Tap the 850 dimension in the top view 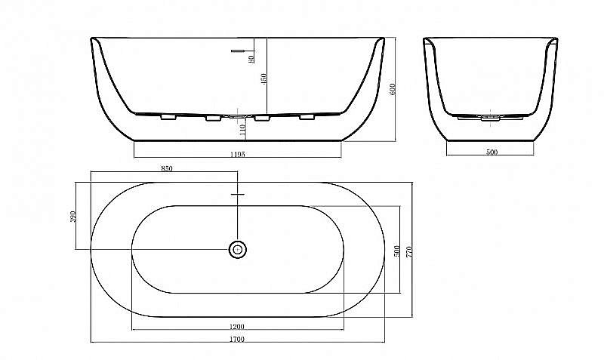click(167, 168)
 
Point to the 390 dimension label click(73, 217)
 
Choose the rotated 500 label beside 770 click(396, 250)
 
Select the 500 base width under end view click(492, 152)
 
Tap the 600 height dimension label click(392, 88)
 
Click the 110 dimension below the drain click(242, 130)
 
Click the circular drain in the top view click(237, 248)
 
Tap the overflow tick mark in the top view click(237, 195)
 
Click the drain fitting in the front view click(237, 117)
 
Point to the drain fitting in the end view click(492, 118)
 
